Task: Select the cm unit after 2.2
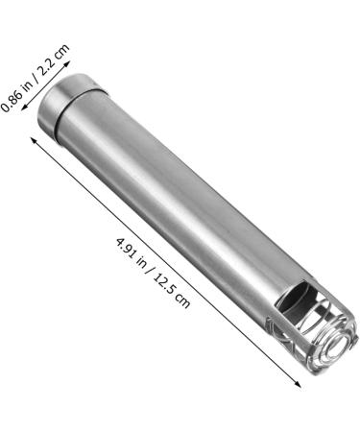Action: (61, 52)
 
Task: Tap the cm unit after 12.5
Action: (182, 301)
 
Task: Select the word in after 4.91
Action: (141, 263)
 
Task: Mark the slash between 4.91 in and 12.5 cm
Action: (149, 271)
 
